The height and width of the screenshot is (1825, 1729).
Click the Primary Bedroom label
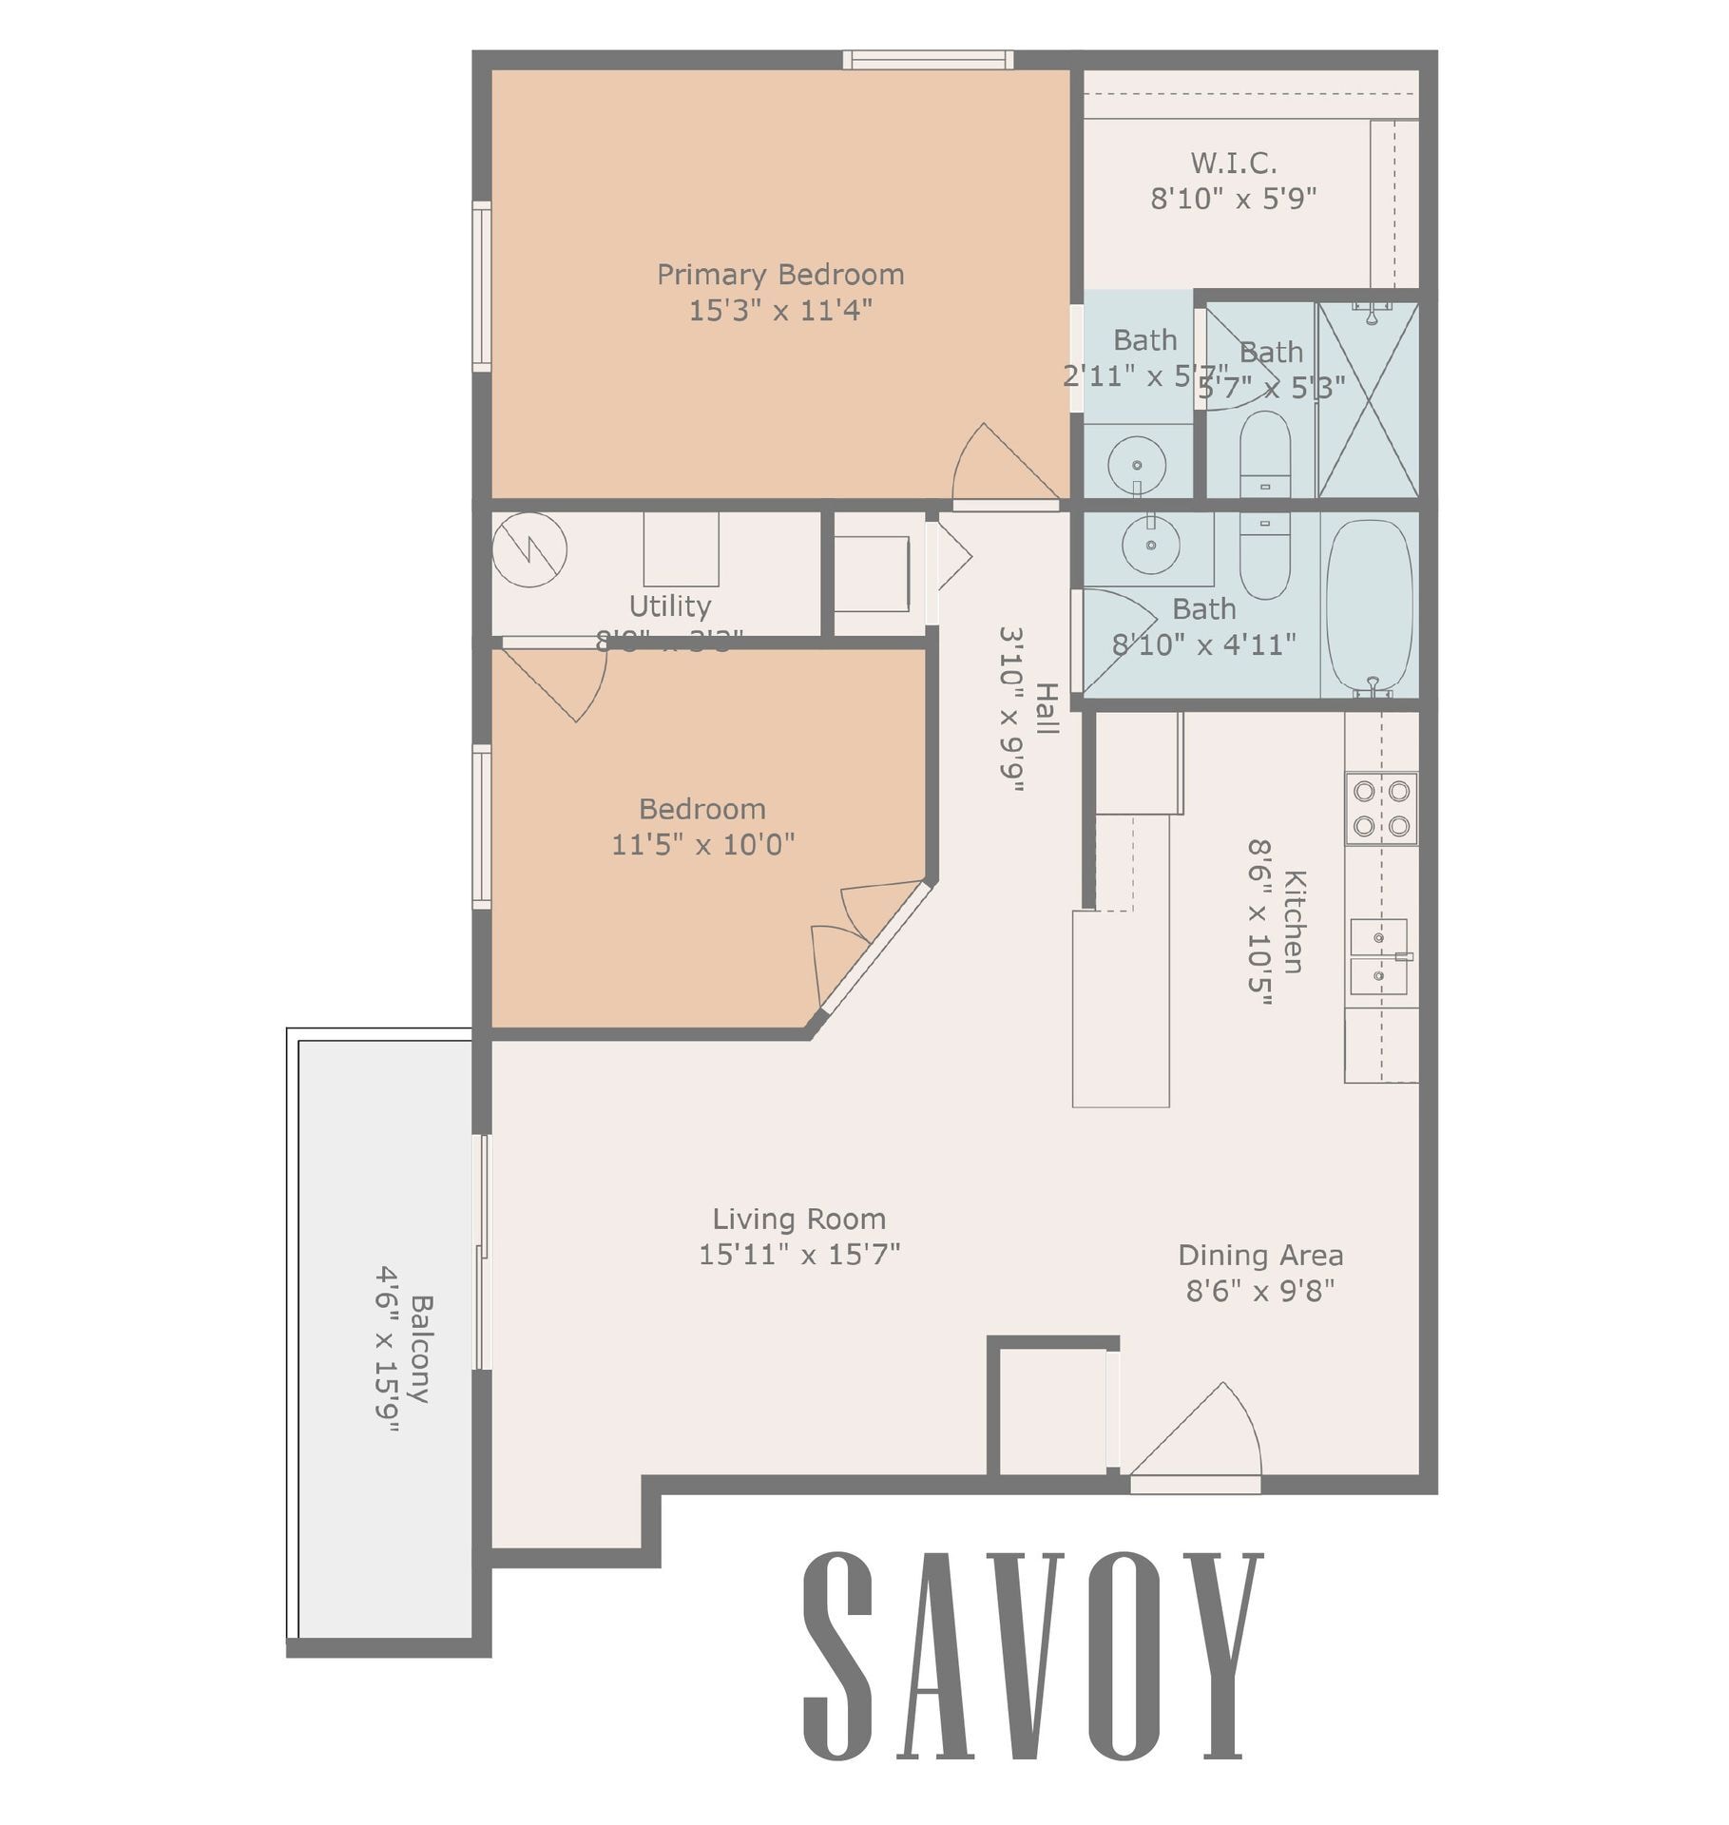(x=780, y=275)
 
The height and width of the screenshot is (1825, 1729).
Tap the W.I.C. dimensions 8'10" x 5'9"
(x=1233, y=200)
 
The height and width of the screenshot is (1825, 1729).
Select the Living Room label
(x=798, y=1219)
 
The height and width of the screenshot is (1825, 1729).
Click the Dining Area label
(x=1260, y=1255)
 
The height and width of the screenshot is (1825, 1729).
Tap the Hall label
(x=1046, y=708)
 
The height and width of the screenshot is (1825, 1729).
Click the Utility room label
(x=669, y=605)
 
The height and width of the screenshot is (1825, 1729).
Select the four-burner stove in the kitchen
(x=1380, y=808)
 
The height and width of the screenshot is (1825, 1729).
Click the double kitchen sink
(x=1378, y=956)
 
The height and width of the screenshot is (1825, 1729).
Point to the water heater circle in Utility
(x=529, y=549)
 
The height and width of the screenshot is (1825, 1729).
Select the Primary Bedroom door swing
(x=998, y=466)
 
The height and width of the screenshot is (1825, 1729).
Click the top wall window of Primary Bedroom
(x=927, y=60)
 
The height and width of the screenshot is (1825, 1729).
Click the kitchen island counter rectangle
(x=1120, y=1008)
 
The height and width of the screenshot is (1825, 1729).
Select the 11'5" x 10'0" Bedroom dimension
(x=702, y=844)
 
